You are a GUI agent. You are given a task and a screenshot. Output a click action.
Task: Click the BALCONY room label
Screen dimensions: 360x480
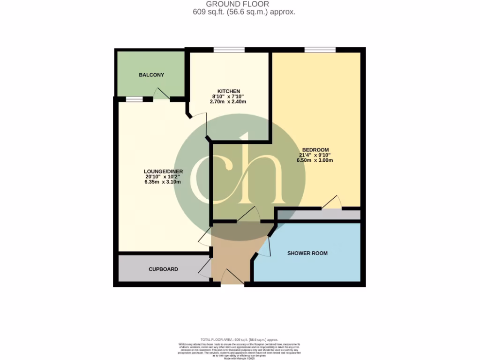[x=151, y=75]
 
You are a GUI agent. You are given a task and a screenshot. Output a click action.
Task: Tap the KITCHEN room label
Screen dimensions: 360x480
[x=229, y=91]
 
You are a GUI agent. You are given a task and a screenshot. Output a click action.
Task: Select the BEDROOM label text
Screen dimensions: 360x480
[x=315, y=150]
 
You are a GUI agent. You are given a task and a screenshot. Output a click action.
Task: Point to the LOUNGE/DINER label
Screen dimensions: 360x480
[x=163, y=171]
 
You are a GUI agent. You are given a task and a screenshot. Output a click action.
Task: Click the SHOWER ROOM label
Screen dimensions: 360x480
[x=307, y=253]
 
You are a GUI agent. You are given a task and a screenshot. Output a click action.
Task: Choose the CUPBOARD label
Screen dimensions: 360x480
[x=163, y=269]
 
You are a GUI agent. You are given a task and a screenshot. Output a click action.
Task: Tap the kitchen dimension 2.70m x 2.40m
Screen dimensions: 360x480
[x=229, y=102]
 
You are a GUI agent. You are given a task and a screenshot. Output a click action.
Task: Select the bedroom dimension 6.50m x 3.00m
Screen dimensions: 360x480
[x=315, y=160]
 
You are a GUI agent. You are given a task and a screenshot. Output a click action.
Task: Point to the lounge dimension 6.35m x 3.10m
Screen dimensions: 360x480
[x=163, y=182]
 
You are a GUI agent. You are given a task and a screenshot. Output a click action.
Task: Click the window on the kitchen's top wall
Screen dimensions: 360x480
[x=229, y=50]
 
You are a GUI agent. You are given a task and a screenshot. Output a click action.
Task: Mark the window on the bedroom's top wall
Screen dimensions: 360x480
[x=320, y=50]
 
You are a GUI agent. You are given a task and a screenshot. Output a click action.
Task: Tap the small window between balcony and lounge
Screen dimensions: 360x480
[x=134, y=99]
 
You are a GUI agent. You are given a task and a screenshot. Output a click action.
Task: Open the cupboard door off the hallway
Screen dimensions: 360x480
[x=205, y=268]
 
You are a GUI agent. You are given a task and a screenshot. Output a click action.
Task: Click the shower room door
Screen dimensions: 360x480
[x=265, y=246]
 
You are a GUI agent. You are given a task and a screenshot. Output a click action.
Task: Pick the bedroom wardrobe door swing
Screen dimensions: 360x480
[x=332, y=202]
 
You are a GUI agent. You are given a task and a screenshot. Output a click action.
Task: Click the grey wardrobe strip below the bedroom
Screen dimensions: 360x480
[x=319, y=215]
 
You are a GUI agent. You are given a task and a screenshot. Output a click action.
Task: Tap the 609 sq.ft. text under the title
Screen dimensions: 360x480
[x=244, y=12]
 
